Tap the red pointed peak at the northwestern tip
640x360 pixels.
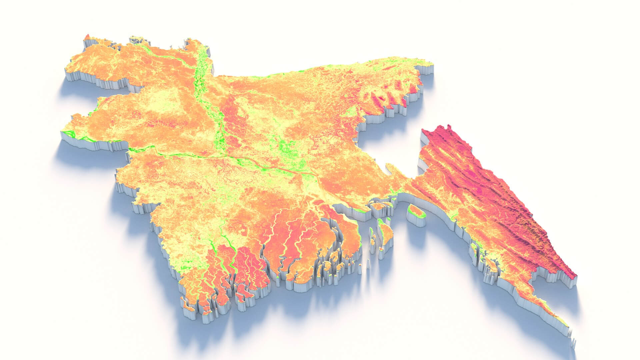87,36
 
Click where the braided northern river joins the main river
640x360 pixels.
227,155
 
